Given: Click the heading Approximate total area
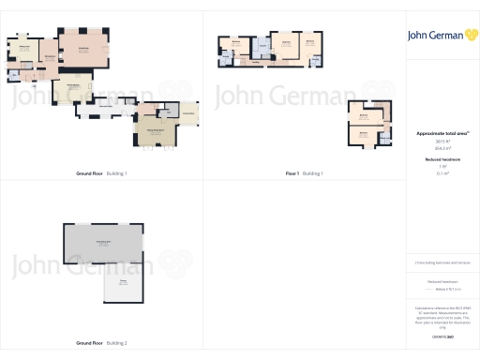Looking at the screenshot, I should (x=440, y=134).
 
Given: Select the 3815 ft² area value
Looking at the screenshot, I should (x=441, y=142).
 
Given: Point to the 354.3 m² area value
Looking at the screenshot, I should (x=441, y=148).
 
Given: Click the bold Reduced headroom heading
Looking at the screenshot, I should (x=441, y=160).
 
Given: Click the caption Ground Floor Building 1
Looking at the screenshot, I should (x=101, y=173).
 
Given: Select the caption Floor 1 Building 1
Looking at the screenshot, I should (x=303, y=173).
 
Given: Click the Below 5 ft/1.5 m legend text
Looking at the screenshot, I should (x=441, y=290).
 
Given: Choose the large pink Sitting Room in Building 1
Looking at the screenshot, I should (x=82, y=50).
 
